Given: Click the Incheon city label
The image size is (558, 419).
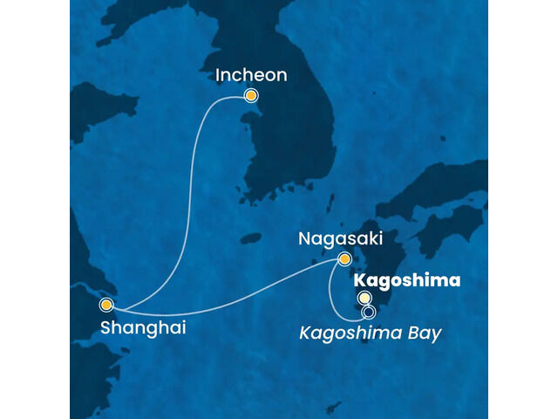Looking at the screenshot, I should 251,75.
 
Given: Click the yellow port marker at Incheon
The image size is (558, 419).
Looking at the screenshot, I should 251,96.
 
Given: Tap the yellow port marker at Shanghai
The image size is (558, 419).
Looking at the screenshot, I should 105,305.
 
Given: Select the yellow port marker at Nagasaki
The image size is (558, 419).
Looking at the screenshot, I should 345,258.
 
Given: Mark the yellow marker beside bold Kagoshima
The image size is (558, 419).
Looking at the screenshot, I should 364,299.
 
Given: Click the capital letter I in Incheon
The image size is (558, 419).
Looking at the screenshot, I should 218,75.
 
